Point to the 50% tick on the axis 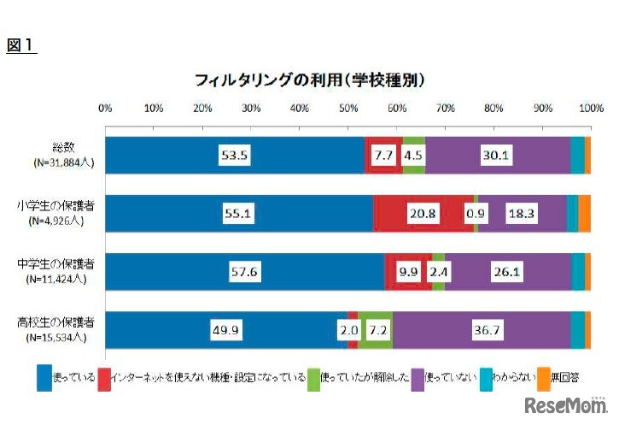348,109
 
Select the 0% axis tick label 106,109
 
